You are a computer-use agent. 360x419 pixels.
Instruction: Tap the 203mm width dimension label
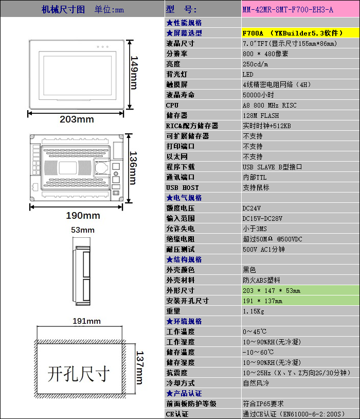(x=77, y=119)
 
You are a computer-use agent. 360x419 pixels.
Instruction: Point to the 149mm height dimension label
(x=134, y=72)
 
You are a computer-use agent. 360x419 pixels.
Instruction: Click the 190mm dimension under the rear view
(x=83, y=215)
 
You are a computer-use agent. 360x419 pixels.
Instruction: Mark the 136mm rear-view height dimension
(x=133, y=168)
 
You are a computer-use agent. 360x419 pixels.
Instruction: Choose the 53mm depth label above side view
(x=82, y=230)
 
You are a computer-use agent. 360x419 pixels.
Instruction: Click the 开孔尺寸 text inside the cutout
(x=79, y=374)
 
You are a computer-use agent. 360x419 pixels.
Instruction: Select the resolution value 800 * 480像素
(x=265, y=54)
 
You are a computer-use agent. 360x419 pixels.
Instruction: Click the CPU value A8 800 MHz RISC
(x=269, y=105)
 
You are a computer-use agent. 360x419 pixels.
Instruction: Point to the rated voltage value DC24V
(x=251, y=208)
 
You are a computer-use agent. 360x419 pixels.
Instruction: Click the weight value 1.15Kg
(x=253, y=311)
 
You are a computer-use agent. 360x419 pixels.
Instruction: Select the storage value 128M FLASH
(x=261, y=115)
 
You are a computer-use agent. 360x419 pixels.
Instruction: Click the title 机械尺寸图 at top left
(x=63, y=10)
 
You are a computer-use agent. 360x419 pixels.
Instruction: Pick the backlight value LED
(x=248, y=74)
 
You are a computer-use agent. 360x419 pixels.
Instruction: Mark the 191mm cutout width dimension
(x=86, y=321)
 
